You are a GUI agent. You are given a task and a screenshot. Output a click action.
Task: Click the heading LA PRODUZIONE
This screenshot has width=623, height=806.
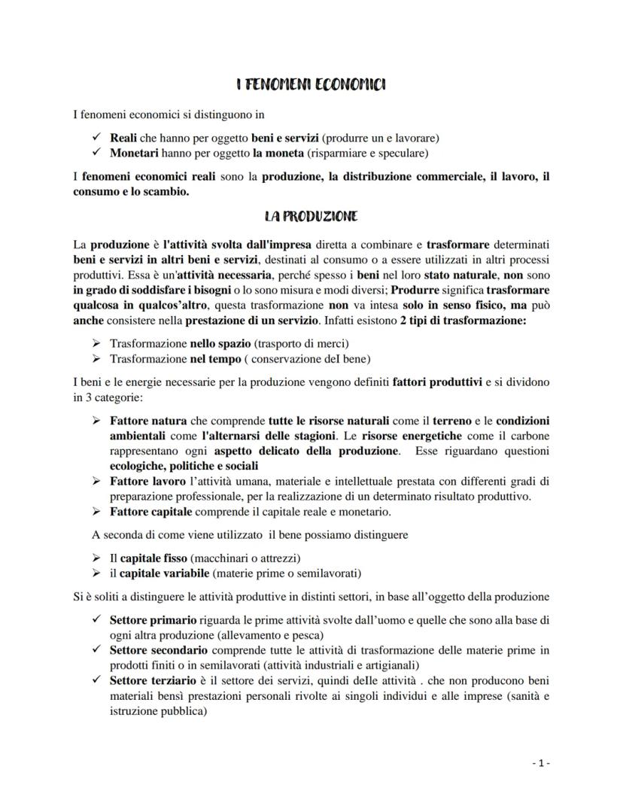311,217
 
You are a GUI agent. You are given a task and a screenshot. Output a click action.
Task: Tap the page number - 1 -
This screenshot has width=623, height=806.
540,763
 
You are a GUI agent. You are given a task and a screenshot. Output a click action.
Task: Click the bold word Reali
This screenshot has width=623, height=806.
123,139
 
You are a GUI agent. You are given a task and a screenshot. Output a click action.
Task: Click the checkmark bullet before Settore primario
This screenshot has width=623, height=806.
95,622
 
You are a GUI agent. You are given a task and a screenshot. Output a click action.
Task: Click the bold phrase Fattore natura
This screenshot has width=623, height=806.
147,421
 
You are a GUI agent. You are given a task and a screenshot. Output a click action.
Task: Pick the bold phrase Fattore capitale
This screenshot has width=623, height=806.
151,512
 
